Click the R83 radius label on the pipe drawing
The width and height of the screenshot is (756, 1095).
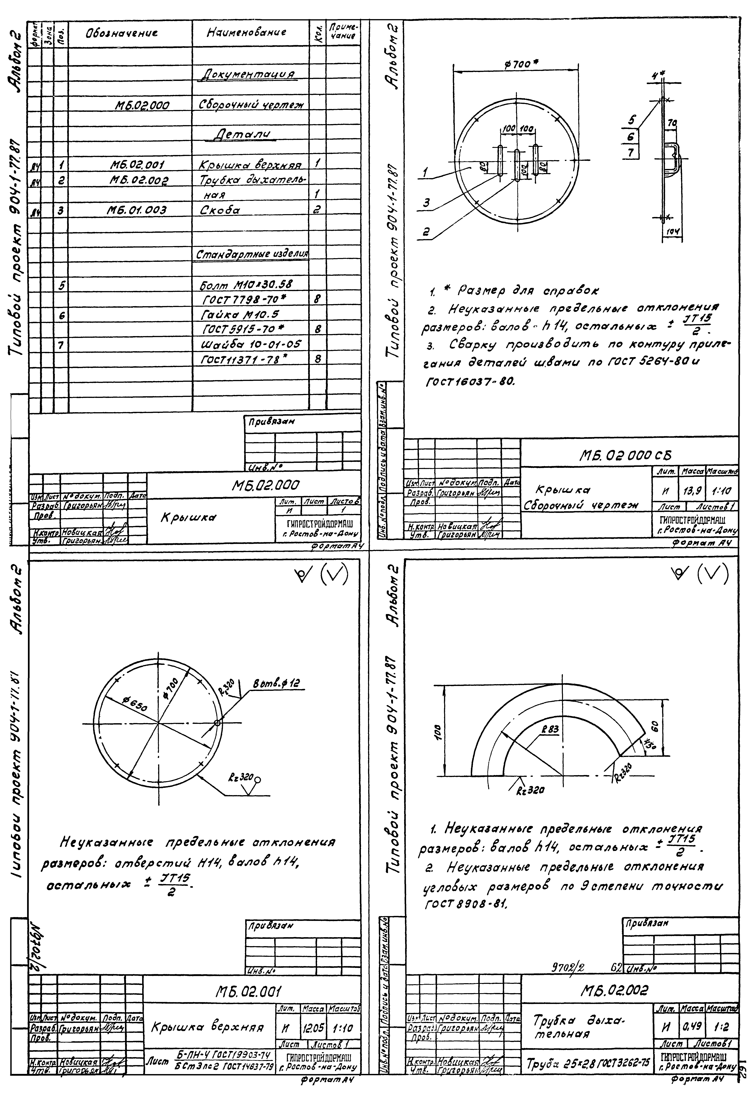pyautogui.click(x=550, y=730)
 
